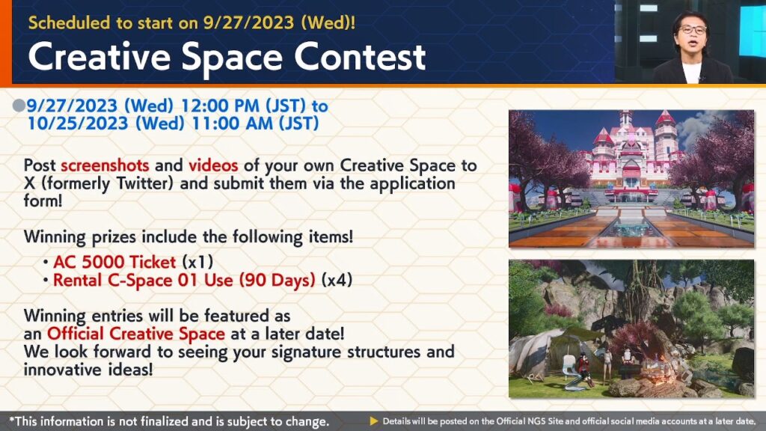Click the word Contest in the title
(x=360, y=57)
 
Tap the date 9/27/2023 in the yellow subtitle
(x=248, y=22)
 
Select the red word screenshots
(x=105, y=165)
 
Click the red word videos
(x=213, y=165)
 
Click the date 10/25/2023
(x=78, y=123)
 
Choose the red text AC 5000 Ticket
(x=114, y=263)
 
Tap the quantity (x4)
(x=337, y=280)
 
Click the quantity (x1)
(x=197, y=263)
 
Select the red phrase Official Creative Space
(x=136, y=334)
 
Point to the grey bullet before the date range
(x=19, y=106)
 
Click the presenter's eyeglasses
(x=693, y=30)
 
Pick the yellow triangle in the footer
(x=374, y=421)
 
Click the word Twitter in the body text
(x=144, y=184)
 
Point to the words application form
(x=239, y=192)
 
